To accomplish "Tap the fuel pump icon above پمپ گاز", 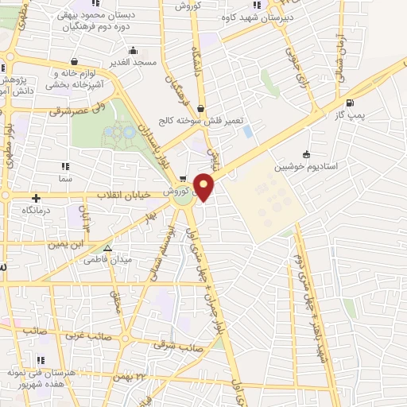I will (351, 103).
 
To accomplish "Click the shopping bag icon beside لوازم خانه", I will (74, 62).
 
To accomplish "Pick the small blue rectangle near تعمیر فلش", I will (248, 130).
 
